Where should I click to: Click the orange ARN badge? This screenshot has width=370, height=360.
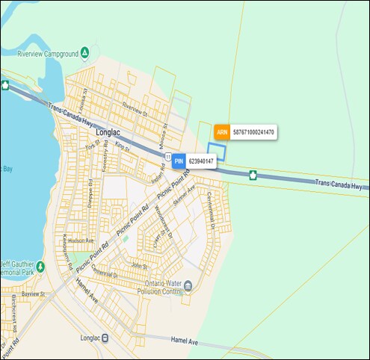[x=221, y=132]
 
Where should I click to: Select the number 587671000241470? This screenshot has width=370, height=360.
[x=254, y=132]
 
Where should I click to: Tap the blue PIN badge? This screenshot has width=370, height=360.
[x=179, y=161]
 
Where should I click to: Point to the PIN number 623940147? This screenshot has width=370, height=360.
[x=201, y=161]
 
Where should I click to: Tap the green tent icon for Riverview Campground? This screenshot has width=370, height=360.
[x=85, y=53]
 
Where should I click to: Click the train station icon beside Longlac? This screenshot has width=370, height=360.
[x=105, y=338]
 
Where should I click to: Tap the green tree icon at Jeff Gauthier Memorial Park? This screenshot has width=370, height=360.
[x=40, y=266]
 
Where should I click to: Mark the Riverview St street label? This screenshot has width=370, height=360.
[x=135, y=109]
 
